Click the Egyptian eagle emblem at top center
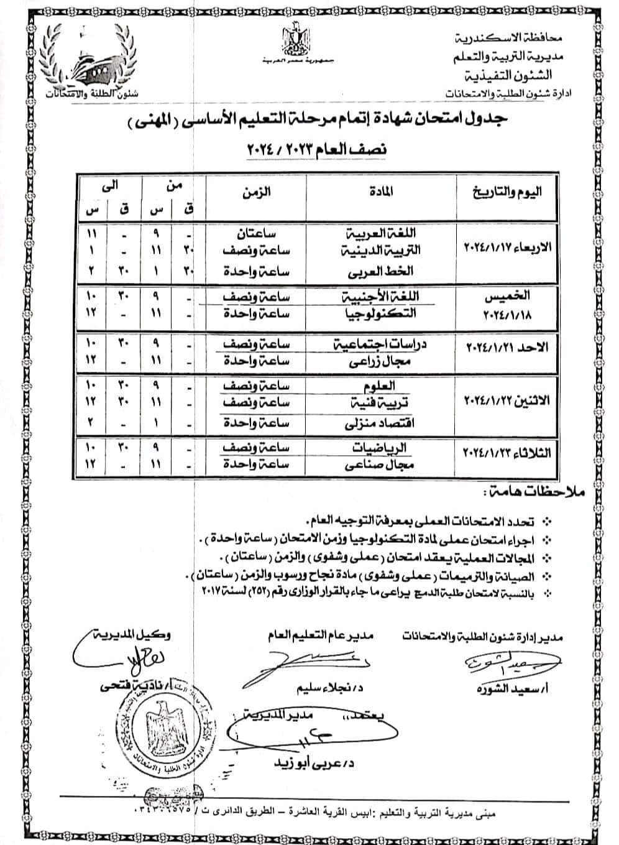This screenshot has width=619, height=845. [293, 40]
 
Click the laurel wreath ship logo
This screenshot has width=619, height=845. [94, 62]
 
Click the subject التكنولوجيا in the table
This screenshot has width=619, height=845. [380, 313]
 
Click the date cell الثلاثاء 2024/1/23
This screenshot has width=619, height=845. [508, 453]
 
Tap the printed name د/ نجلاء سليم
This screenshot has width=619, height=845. [322, 689]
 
